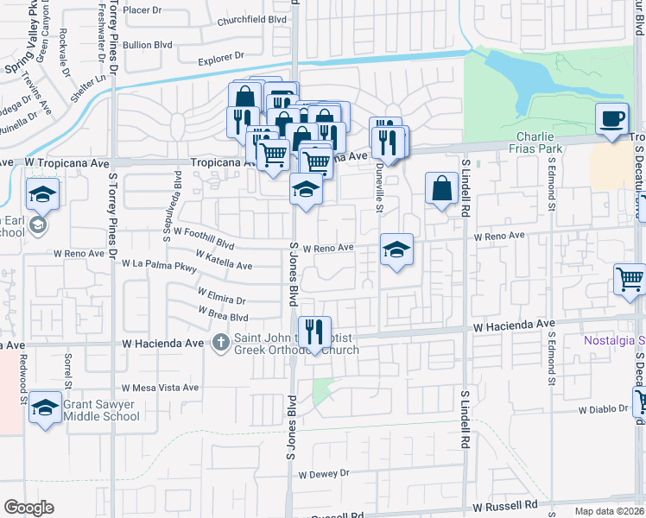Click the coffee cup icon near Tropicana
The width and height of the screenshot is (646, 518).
click(612, 118)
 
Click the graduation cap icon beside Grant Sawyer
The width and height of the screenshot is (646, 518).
click(44, 408)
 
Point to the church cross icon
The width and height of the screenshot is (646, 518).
click(220, 344)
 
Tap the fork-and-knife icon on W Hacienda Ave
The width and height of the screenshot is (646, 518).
click(314, 331)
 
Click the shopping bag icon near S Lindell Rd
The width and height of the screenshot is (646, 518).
click(441, 188)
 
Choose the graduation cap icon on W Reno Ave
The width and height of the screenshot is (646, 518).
click(396, 250)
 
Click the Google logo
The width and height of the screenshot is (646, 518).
click(28, 508)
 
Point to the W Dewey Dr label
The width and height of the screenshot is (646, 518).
click(323, 473)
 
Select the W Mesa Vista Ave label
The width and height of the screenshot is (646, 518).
click(161, 388)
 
